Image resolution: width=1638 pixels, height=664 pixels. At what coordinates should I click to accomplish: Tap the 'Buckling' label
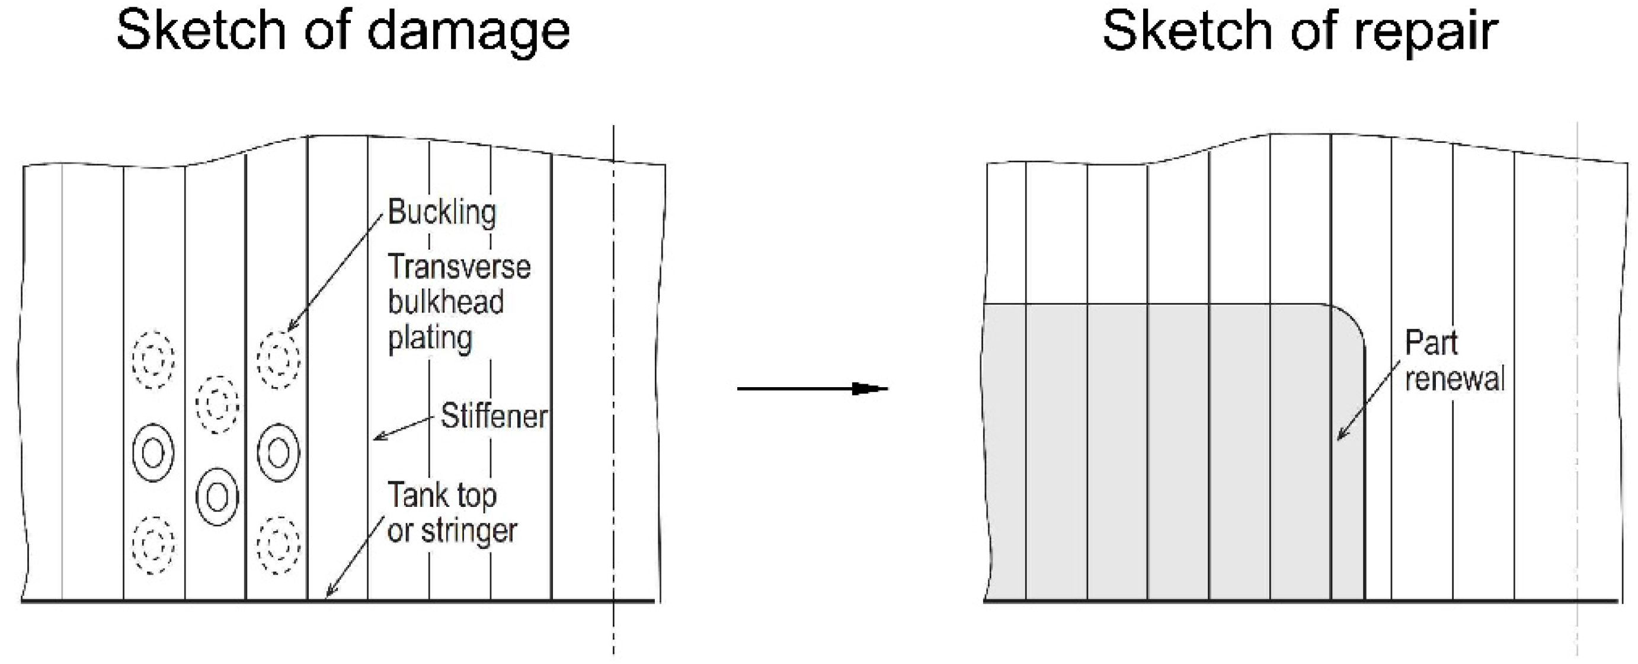[442, 212]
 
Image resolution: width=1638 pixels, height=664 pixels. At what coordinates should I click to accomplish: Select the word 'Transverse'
[459, 267]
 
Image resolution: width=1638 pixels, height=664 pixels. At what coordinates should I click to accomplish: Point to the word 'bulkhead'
[446, 302]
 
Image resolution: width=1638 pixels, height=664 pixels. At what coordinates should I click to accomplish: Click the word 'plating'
[430, 339]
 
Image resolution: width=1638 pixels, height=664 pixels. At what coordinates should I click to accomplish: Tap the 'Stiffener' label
[494, 417]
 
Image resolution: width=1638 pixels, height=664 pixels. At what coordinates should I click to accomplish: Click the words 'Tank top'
[442, 495]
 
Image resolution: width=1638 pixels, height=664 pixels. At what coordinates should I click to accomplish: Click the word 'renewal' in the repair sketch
[1455, 379]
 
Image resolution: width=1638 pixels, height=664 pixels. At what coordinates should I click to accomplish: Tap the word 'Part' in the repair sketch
[1431, 343]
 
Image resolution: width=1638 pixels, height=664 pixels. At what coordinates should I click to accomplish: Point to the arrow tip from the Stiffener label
[375, 438]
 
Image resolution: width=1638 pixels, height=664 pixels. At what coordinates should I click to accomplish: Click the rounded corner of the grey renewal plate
[1352, 321]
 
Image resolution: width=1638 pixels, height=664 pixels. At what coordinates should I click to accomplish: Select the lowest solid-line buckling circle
[217, 496]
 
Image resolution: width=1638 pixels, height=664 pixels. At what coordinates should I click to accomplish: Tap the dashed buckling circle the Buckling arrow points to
[279, 360]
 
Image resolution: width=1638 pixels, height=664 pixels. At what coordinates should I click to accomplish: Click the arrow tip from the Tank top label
[327, 596]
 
